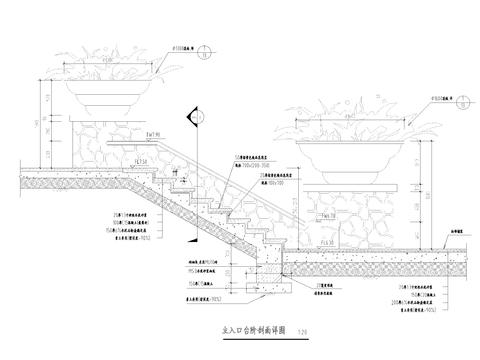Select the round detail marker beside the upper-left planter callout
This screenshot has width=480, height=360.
click(x=205, y=48)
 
